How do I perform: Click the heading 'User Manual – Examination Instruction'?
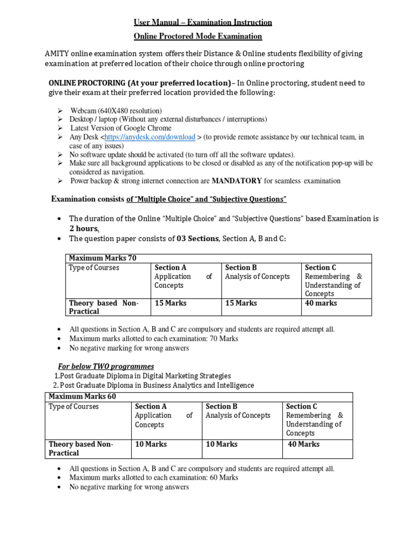pos(203,22)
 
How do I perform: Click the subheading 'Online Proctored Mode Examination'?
pos(197,37)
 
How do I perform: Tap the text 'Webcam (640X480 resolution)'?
pos(116,110)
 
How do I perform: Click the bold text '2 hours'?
pos(84,228)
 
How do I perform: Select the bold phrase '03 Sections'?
pos(197,238)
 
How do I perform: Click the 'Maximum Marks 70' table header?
pos(103,258)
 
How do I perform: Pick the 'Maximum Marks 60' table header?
pos(82,396)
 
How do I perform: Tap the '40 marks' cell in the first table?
pos(321,303)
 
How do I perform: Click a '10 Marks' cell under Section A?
pos(151,444)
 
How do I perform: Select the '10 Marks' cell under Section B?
pos(222,444)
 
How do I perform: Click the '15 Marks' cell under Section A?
pos(170,303)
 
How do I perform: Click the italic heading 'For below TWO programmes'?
pos(106,366)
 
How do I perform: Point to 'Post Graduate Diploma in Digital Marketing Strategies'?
pos(145,376)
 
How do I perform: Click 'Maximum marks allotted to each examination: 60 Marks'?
pos(154,477)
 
